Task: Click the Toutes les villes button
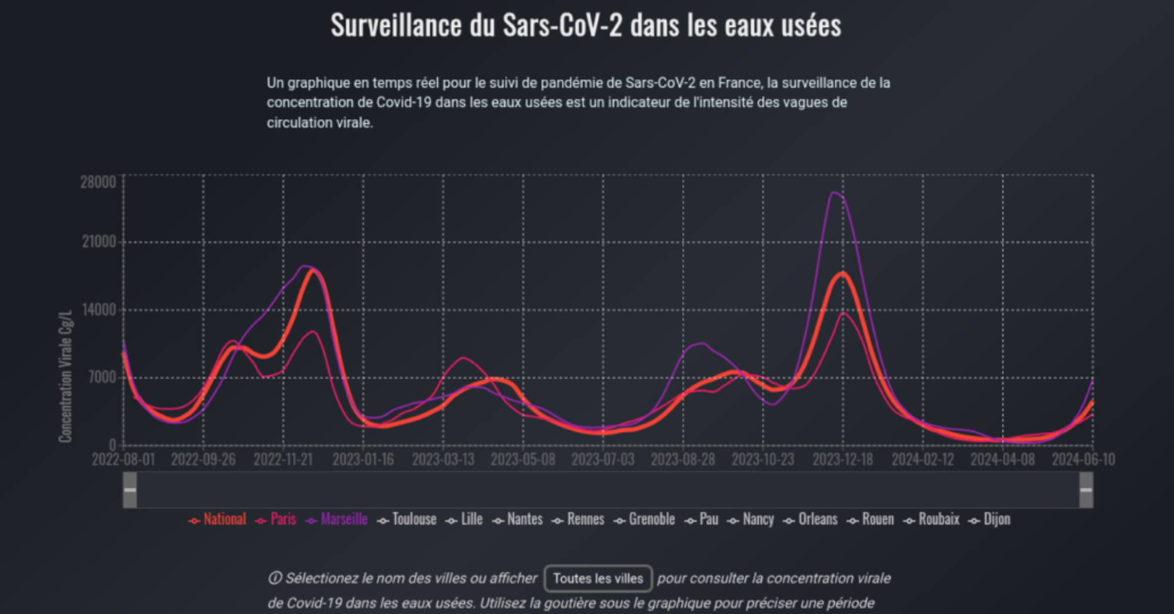click(x=598, y=579)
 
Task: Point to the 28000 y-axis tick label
click(x=98, y=183)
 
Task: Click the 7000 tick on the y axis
click(x=102, y=377)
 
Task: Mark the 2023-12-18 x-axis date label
click(x=842, y=460)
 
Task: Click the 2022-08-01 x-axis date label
click(x=123, y=460)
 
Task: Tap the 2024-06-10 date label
click(x=1083, y=460)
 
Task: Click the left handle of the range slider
click(x=130, y=490)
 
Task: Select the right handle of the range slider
click(x=1086, y=490)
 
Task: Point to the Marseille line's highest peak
click(x=834, y=193)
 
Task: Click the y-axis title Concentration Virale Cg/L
click(x=65, y=376)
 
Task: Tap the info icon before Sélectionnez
click(x=275, y=579)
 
